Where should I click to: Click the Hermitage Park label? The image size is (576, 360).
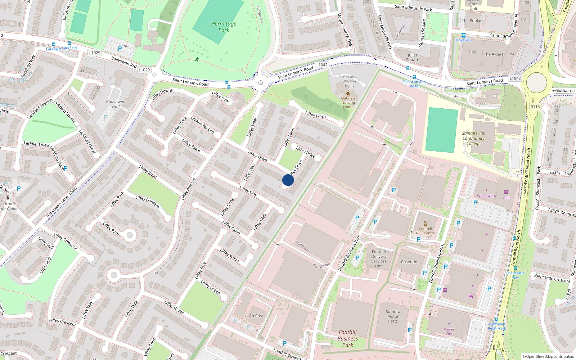224,27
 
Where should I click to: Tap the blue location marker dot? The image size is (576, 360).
288,180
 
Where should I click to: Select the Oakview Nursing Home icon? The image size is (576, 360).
348,93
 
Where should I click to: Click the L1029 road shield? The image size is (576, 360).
95,53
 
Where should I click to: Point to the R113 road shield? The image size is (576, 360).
535,107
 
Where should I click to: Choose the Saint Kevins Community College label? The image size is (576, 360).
473,138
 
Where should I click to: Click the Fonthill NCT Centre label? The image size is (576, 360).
425,231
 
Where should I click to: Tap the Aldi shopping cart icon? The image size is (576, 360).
506,192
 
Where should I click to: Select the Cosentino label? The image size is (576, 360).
410,262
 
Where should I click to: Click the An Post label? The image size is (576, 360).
256,316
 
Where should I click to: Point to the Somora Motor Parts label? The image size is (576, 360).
393,316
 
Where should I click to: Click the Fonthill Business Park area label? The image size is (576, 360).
347,338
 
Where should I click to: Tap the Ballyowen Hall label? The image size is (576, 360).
116,104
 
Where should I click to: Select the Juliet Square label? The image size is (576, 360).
412,58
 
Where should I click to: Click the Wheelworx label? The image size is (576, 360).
486,196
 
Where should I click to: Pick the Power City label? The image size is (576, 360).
449,331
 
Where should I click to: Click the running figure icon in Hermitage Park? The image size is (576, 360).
197,59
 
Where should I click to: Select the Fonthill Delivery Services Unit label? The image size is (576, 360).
379,259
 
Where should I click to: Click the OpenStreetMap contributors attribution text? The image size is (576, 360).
548,357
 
